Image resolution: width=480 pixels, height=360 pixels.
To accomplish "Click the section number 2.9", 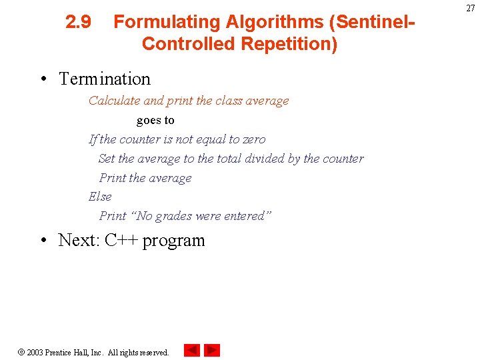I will pos(79,23).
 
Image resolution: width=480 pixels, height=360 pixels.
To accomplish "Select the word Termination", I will pos(105,79).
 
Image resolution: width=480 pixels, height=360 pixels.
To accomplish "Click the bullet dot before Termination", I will pos(43,80).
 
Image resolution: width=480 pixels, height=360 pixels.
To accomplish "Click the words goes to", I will pos(155,121).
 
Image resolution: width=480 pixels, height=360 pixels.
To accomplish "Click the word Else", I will pos(100,197).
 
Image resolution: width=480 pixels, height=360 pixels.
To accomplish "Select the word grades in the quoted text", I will pos(175,216).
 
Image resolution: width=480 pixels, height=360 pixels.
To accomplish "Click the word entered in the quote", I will pos(247,216).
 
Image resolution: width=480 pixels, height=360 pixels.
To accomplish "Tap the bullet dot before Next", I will pos(43,241).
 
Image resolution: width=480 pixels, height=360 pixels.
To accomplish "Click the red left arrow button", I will pos(192,350).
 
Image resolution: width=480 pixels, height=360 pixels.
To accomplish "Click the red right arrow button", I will pos(212,350).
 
